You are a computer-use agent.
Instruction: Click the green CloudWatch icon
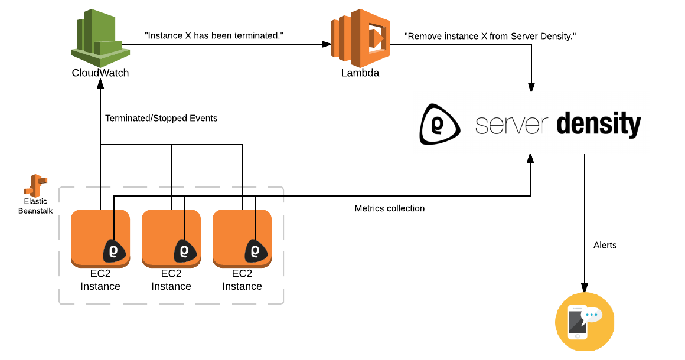click(99, 40)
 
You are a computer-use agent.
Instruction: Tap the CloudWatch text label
click(100, 73)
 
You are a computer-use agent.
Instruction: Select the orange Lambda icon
click(360, 38)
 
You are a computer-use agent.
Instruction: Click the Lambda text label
click(360, 74)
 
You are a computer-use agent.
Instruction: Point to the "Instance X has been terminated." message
click(214, 36)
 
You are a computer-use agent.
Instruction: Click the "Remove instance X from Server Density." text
click(490, 36)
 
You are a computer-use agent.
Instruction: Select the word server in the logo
click(511, 125)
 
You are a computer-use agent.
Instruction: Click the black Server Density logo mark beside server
click(439, 125)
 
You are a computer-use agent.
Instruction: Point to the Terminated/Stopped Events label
click(161, 119)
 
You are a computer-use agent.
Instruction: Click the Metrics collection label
click(389, 208)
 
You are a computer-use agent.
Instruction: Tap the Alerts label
click(605, 245)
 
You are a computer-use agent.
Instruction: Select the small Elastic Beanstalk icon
click(35, 185)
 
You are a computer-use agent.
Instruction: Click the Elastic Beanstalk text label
click(35, 206)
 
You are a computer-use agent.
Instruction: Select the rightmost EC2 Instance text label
click(242, 280)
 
